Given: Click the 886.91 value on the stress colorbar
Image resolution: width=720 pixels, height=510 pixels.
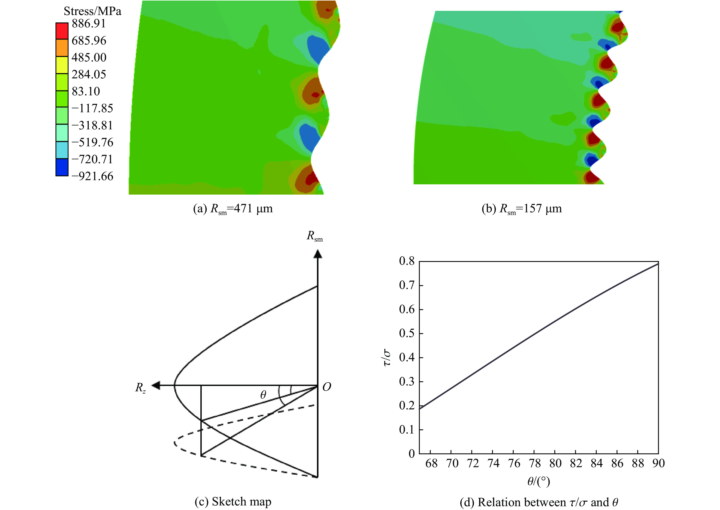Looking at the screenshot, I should point(89,24).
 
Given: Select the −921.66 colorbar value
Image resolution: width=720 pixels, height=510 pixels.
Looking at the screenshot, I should point(92,176).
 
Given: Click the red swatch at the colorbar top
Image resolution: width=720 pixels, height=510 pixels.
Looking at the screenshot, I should point(62,31).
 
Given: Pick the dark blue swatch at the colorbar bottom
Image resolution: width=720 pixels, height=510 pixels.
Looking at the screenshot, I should point(62,167).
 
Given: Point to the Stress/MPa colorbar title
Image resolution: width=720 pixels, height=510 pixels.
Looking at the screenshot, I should point(92,11).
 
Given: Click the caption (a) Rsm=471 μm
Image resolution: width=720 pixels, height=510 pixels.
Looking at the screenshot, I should point(233,209).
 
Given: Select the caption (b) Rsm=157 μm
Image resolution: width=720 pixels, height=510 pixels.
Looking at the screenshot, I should point(522,209).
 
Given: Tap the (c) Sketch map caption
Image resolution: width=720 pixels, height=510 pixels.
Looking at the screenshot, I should point(233,501).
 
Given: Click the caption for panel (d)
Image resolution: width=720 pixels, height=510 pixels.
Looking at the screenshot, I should point(539,502).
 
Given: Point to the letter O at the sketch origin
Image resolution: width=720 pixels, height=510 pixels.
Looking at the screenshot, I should point(327,387).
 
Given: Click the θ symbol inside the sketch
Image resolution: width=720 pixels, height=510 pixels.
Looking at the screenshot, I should point(263,395).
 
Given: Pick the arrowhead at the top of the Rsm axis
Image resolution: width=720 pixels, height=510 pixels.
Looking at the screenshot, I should point(318,254).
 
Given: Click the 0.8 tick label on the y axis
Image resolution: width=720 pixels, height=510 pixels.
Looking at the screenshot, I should point(406,261).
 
